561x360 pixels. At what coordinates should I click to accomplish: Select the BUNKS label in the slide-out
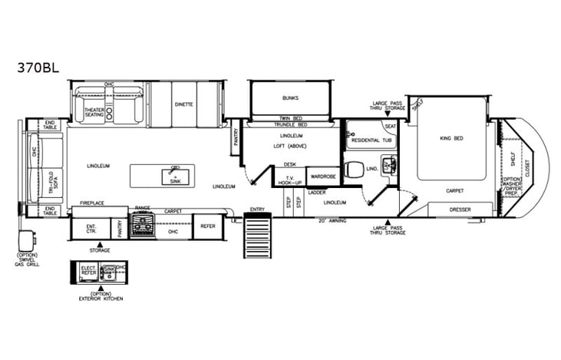click(x=290, y=98)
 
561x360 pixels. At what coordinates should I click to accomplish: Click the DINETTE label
click(x=183, y=104)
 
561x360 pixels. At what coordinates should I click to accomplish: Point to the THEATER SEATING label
click(x=94, y=112)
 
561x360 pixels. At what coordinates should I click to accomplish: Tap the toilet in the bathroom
click(x=354, y=169)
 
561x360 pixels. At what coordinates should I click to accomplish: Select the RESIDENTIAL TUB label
click(x=371, y=141)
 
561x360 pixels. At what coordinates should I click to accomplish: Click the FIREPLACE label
click(x=92, y=203)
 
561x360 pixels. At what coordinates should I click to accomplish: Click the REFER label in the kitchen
click(x=208, y=226)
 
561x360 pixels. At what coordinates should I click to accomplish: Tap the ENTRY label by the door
click(x=256, y=209)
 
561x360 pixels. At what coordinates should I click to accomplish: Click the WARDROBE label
click(x=322, y=177)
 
